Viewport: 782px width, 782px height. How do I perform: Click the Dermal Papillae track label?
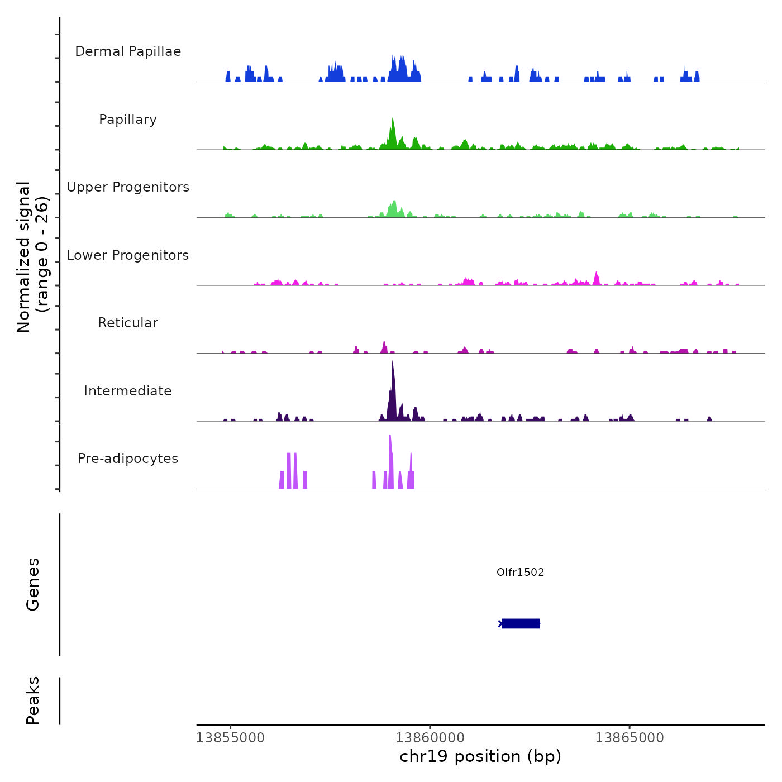(x=128, y=51)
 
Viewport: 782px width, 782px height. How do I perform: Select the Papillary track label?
(x=128, y=120)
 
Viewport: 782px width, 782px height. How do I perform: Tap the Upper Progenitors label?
(x=128, y=187)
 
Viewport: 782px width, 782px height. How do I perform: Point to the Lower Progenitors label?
(x=128, y=255)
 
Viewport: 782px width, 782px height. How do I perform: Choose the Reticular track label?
(x=128, y=323)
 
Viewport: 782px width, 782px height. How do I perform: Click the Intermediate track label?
(x=128, y=391)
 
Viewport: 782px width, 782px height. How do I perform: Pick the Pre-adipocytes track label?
(x=128, y=459)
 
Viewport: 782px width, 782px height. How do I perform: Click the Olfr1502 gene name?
(x=520, y=572)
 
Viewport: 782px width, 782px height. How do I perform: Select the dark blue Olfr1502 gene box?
(x=521, y=623)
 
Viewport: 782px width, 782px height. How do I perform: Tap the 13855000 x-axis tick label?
(x=230, y=738)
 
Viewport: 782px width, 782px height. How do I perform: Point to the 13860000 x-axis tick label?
(x=430, y=738)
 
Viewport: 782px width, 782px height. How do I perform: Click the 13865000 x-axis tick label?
(x=630, y=738)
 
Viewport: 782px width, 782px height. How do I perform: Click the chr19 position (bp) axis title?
(x=480, y=756)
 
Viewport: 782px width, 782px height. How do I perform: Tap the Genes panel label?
(x=33, y=584)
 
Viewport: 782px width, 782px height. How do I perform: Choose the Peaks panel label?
(x=33, y=700)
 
